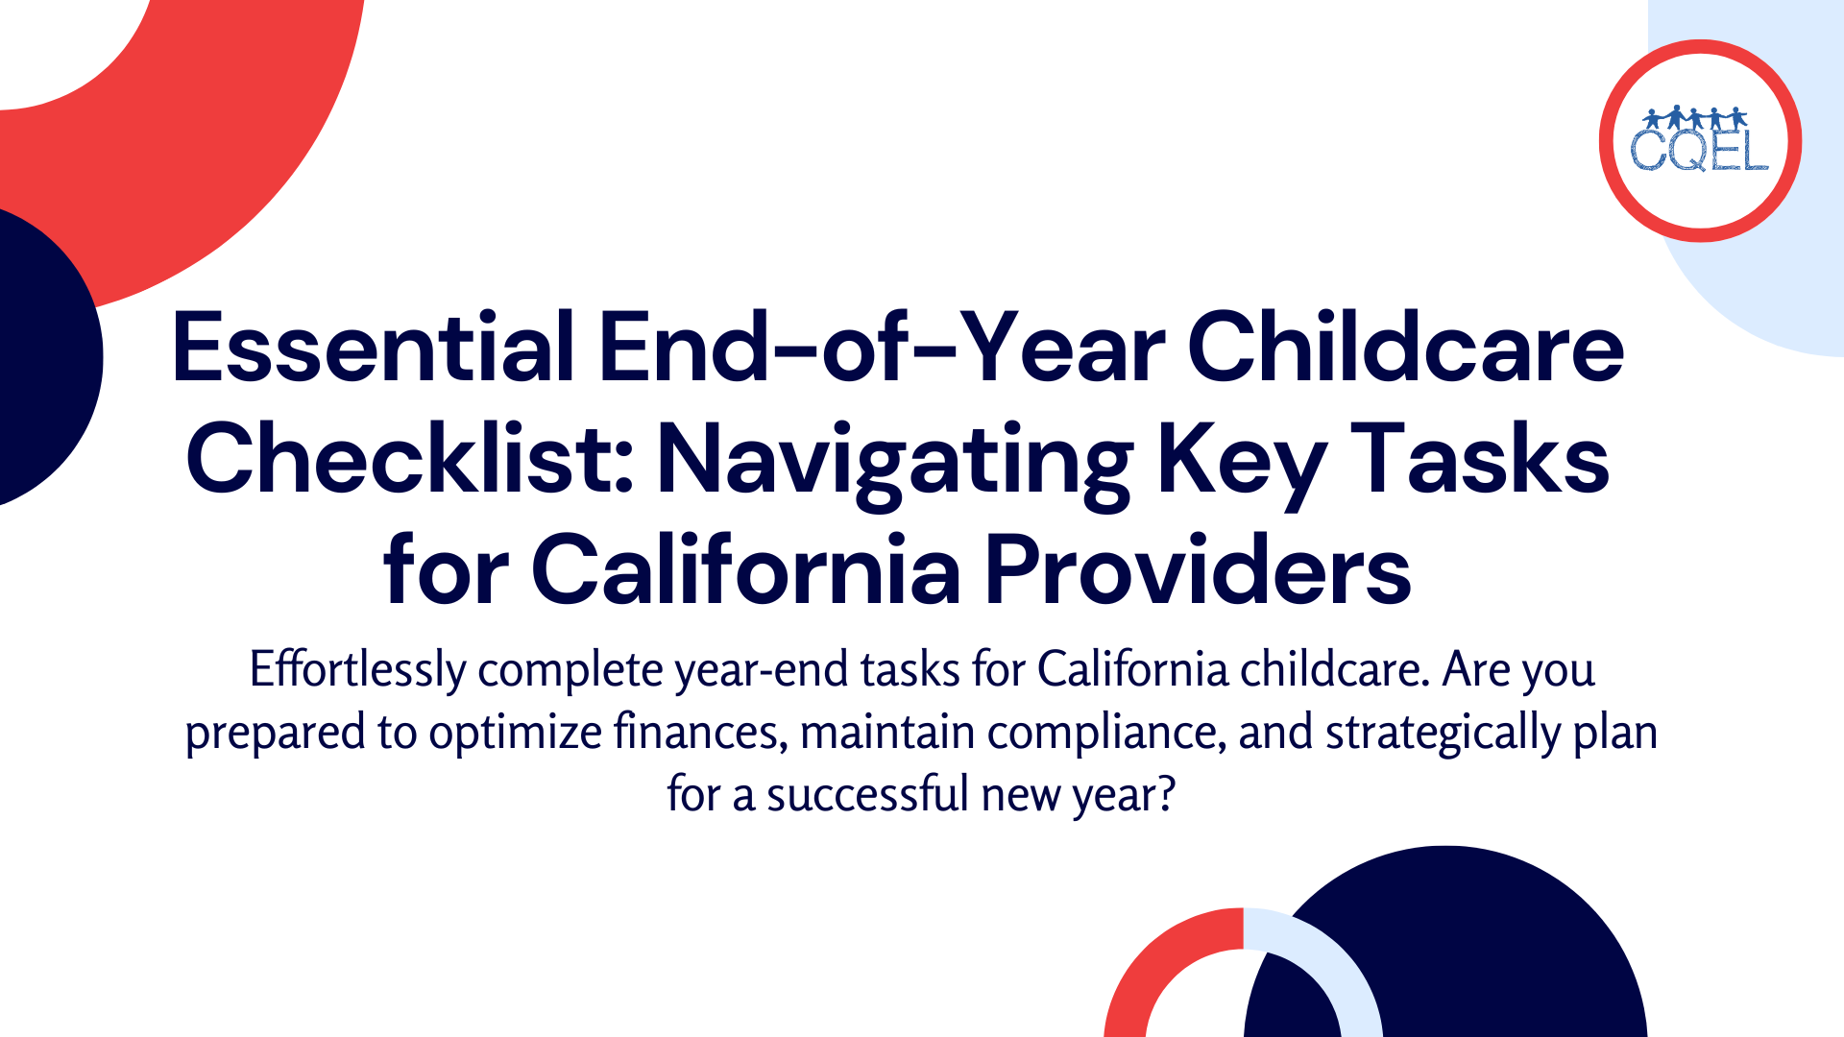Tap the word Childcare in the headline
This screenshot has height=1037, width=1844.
(1405, 348)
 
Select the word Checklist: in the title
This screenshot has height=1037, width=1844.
(409, 459)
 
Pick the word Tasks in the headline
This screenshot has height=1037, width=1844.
(1480, 459)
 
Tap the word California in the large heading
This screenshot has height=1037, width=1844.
(745, 570)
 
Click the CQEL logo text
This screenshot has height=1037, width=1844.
(1699, 152)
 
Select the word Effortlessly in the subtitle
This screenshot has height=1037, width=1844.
(357, 669)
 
